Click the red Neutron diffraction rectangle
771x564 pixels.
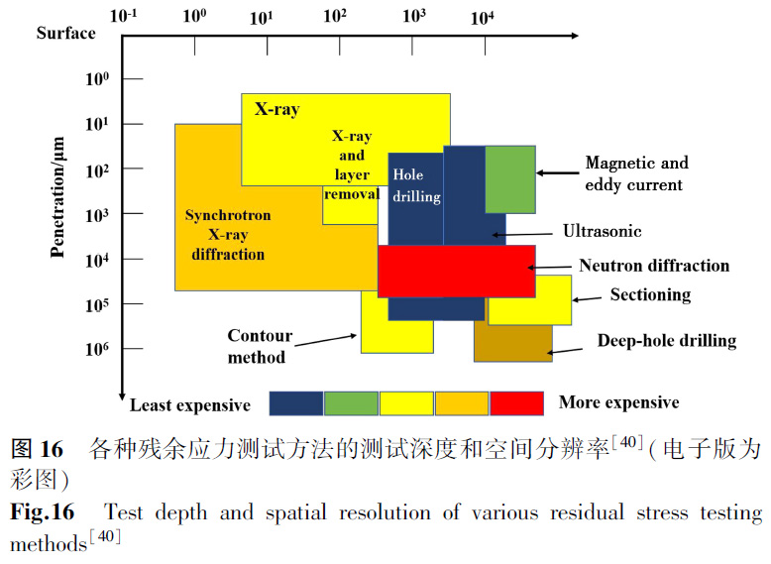(456, 271)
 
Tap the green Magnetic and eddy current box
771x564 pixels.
(510, 178)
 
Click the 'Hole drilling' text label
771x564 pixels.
(416, 185)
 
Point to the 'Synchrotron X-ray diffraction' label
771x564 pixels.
(227, 235)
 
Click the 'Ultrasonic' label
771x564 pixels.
(603, 231)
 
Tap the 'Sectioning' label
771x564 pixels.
(650, 294)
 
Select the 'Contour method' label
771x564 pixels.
(257, 346)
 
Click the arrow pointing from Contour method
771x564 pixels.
(327, 338)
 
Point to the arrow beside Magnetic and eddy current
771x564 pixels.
(556, 172)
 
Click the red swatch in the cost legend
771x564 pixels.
(516, 402)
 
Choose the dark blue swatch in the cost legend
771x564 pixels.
(296, 402)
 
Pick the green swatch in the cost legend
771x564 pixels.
(351, 402)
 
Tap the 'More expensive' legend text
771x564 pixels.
(618, 402)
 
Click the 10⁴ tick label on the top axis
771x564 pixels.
(481, 18)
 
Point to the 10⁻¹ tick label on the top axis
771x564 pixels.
(124, 16)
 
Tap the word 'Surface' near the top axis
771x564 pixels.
(66, 33)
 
